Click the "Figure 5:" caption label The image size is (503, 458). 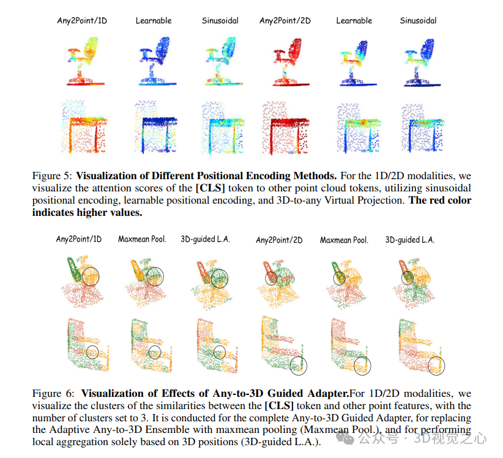[52, 175]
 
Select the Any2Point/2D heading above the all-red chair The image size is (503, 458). [285, 21]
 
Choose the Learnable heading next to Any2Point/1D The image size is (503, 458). [153, 21]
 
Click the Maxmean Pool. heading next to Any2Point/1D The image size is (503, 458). [141, 239]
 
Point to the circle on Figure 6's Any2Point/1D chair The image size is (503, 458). [91, 276]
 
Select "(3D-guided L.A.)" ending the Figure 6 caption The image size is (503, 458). [280, 442]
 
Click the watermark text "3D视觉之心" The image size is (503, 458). [450, 438]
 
